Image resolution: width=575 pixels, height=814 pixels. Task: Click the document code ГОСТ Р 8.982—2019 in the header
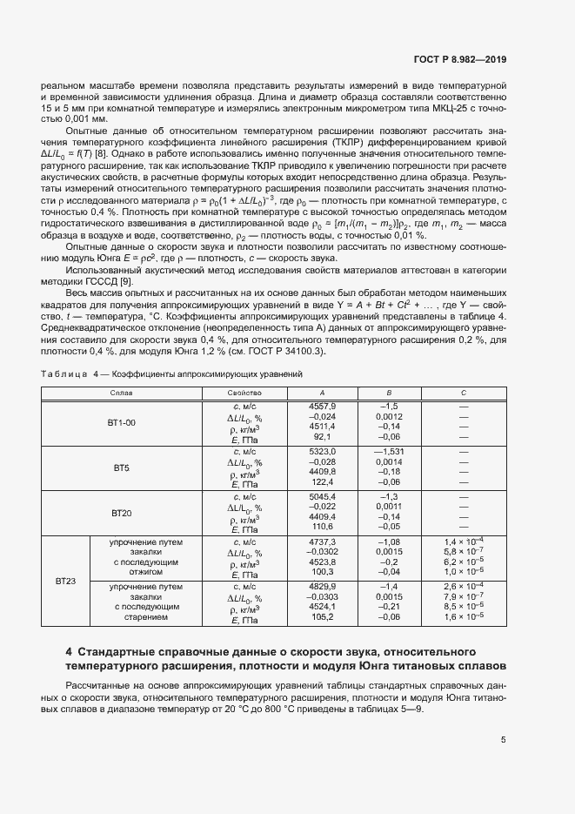(461, 60)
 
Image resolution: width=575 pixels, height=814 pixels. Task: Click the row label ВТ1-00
(121, 422)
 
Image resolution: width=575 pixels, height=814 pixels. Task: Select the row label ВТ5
(121, 468)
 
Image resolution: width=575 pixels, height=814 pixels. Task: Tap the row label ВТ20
(121, 513)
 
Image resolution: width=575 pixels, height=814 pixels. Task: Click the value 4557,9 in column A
(323, 406)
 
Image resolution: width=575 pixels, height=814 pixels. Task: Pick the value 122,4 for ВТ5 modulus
(323, 481)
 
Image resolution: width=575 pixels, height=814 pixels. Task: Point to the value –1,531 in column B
(389, 451)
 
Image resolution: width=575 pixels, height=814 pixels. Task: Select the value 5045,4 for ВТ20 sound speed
(323, 496)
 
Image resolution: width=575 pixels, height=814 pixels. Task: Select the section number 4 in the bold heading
(69, 651)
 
